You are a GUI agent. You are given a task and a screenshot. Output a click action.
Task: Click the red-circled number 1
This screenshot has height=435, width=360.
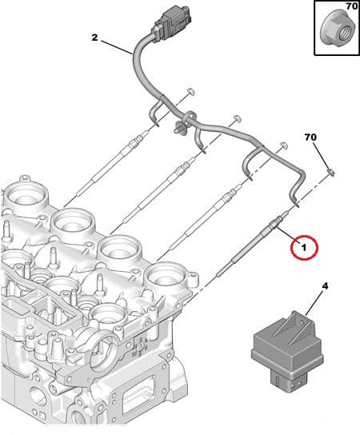(x=304, y=249)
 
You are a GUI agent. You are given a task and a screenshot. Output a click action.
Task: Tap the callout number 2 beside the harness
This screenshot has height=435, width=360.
(x=95, y=37)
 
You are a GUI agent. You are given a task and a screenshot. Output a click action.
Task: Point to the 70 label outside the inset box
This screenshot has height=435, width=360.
(x=310, y=138)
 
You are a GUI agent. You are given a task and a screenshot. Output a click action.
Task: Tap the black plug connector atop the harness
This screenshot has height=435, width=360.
(x=170, y=19)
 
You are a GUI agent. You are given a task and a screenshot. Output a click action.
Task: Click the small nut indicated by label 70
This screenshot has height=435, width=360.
(x=330, y=172)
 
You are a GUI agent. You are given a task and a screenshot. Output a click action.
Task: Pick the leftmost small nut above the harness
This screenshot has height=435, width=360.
(x=190, y=92)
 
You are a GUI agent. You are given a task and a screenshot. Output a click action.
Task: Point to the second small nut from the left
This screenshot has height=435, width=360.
(x=237, y=118)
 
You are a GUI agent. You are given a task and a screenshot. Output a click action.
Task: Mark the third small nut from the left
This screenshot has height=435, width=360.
(x=283, y=145)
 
